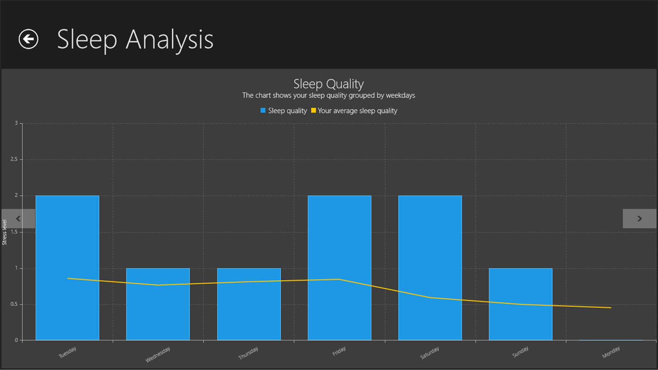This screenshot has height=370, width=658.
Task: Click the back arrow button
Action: coord(28,39)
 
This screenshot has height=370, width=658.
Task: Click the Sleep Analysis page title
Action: coord(135,40)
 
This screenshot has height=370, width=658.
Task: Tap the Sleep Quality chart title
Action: coord(329,84)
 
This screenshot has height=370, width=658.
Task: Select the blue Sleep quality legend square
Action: coord(263,111)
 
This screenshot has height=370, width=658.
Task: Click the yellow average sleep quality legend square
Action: coord(313,111)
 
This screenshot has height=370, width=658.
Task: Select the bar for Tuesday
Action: coord(67,268)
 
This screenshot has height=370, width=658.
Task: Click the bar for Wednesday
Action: coord(158,304)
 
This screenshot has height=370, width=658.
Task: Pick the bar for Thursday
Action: coord(249,304)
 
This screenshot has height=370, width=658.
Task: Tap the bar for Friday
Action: coord(340,268)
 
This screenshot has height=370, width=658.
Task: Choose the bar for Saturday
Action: coord(430,268)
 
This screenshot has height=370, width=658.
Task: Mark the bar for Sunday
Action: coord(520,304)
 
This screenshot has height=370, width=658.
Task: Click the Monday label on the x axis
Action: coord(610,352)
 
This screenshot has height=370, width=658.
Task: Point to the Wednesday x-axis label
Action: coord(158,354)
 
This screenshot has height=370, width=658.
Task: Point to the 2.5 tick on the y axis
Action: coord(14,159)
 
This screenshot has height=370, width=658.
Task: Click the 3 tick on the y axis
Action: coord(16,123)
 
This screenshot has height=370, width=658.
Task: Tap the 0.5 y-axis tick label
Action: coord(14,304)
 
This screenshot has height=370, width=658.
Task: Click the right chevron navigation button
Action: coord(640,218)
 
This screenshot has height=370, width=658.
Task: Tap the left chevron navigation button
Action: coord(18,218)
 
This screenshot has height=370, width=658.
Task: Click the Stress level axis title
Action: coord(5,232)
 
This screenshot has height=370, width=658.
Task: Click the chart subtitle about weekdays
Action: coord(329,95)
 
